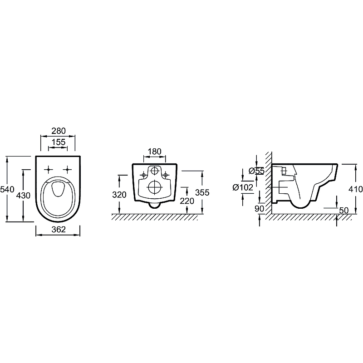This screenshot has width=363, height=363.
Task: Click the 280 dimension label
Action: [x=59, y=131]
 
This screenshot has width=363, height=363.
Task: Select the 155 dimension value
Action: [x=59, y=142]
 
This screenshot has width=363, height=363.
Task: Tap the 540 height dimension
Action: [x=7, y=189]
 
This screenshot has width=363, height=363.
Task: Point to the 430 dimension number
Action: [x=23, y=196]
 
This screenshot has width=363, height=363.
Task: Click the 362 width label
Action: [x=59, y=230]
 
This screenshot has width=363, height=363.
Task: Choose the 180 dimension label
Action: [x=154, y=152]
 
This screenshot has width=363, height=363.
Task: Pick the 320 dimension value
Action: [x=119, y=195]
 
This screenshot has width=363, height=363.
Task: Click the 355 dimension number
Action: [x=202, y=192]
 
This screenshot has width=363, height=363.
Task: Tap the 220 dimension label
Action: [x=187, y=201]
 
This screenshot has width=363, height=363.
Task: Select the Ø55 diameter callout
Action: [x=256, y=171]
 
